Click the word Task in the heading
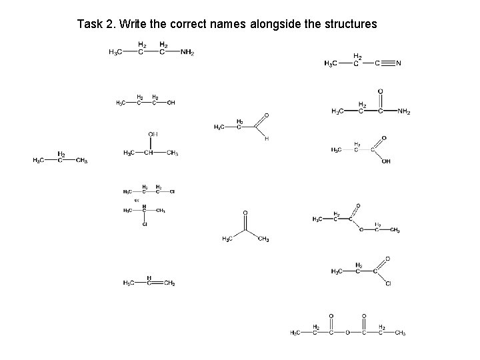pos(89,25)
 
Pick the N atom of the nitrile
pos(398,64)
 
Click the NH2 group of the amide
pos(404,111)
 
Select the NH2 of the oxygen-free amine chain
pos(188,53)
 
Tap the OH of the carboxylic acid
pos(386,161)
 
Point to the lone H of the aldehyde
pos(267,139)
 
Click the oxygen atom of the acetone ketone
pos(245,213)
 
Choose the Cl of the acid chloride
pos(388,283)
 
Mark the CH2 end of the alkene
pos(169,283)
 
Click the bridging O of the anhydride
pos(347,333)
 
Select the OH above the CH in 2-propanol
pos(153,134)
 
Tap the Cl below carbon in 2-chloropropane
pos(145,224)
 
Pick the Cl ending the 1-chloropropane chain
pos(172,192)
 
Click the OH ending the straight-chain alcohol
pos(171,103)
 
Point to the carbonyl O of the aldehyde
pos(267,115)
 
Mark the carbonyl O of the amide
pos(381,91)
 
